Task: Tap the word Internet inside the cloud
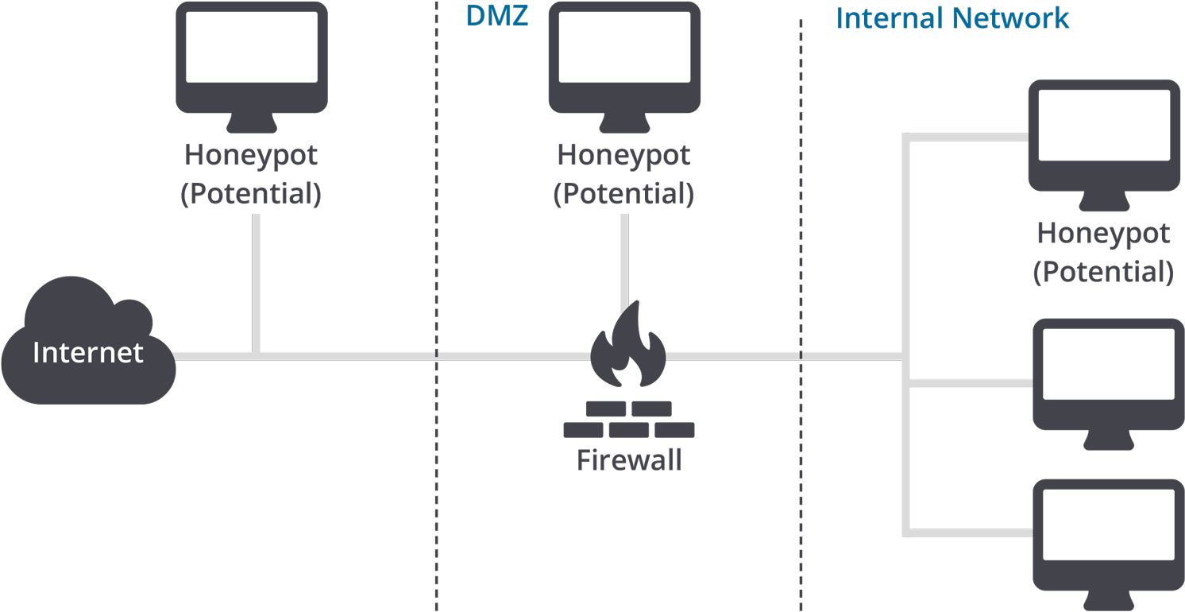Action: click(x=88, y=353)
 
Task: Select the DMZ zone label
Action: click(x=496, y=16)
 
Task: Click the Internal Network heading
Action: click(x=952, y=18)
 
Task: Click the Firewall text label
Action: click(x=629, y=459)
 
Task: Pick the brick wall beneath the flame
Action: click(x=629, y=420)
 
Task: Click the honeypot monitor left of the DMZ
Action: click(x=252, y=68)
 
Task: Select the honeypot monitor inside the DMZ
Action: click(x=625, y=68)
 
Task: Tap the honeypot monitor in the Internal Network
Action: click(x=1105, y=145)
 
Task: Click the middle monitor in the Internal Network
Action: click(x=1109, y=385)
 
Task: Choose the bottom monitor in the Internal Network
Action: click(x=1109, y=545)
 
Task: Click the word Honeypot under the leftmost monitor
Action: click(x=251, y=156)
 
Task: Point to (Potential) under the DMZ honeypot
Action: click(x=623, y=194)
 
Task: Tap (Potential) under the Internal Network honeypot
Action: click(x=1103, y=272)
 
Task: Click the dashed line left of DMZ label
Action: click(x=437, y=306)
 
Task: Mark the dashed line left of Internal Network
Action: click(x=801, y=315)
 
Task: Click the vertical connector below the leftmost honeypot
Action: click(x=256, y=284)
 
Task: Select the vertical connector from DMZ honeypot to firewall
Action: click(x=625, y=259)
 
